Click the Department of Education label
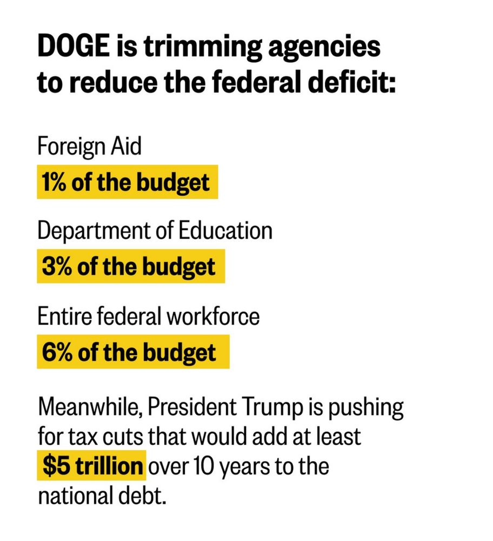tap(155, 230)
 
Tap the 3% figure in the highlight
tap(56, 266)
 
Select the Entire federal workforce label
tap(148, 316)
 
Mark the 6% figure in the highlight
tap(56, 353)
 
